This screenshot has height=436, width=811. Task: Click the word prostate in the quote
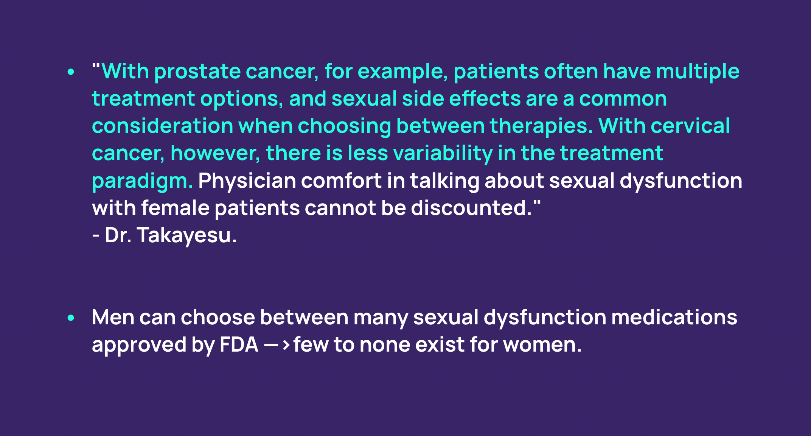coord(197,72)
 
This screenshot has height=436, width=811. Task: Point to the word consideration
coord(162,126)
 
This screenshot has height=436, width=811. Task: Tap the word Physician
coord(247,181)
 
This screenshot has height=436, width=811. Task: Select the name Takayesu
coord(186,235)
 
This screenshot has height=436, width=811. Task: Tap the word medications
coord(674,317)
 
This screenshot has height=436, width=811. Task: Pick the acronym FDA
coord(239,345)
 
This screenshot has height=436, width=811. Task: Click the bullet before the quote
coord(71,72)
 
